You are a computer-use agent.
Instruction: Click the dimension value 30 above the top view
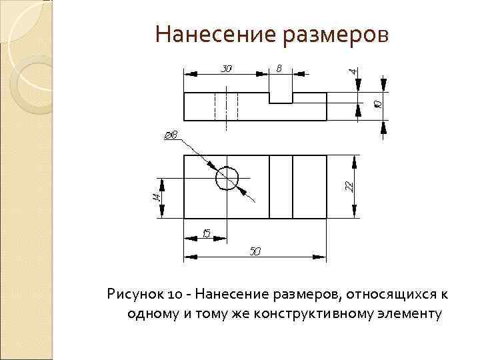[x=227, y=67]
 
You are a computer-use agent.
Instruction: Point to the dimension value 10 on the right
[x=377, y=104]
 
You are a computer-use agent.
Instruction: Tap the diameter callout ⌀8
[x=171, y=136]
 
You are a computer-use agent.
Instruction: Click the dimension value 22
[x=349, y=186]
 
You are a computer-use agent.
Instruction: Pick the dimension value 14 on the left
[x=155, y=197]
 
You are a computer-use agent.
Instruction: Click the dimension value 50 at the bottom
[x=255, y=251]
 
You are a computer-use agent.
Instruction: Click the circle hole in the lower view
[x=227, y=178]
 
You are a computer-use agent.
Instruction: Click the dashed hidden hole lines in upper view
[x=227, y=107]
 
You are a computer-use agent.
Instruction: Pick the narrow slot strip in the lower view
[x=281, y=186]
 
